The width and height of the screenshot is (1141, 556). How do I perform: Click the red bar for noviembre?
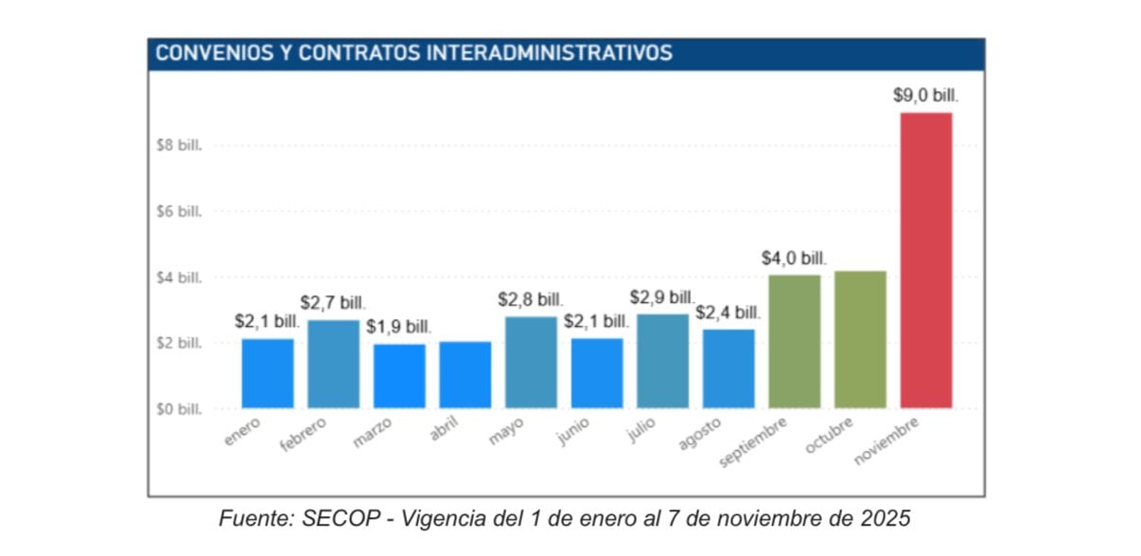coord(926,260)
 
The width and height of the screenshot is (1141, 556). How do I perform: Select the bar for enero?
coord(268,373)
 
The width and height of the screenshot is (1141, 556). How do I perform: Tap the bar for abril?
coord(465,375)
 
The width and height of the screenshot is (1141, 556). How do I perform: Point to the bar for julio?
coord(662,361)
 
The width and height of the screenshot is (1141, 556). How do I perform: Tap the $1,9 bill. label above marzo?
coord(399,327)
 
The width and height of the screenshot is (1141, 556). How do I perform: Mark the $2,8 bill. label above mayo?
coord(531,300)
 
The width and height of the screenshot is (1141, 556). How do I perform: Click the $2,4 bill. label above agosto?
coord(728,313)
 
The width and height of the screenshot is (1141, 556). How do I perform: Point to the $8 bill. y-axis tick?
coord(180,146)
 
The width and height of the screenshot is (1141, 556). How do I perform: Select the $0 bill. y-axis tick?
coord(180,409)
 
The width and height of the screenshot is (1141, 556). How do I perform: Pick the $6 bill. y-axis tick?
coord(180,212)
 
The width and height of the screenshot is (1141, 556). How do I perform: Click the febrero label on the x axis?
coord(304,435)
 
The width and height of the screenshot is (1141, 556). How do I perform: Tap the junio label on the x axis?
coord(573,431)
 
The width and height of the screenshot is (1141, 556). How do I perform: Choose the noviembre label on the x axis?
coord(886,440)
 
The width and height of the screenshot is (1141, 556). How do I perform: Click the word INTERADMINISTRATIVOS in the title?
coord(550,53)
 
